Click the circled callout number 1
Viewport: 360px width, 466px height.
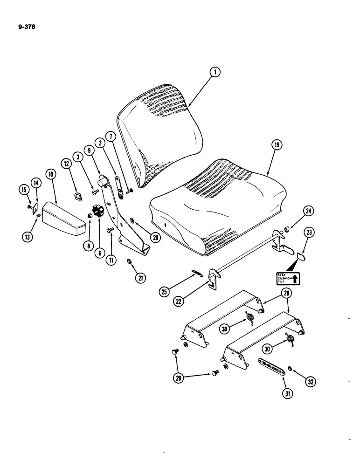coord(215,72)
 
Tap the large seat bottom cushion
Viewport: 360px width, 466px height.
coord(217,205)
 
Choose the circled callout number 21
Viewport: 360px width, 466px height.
coord(139,278)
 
